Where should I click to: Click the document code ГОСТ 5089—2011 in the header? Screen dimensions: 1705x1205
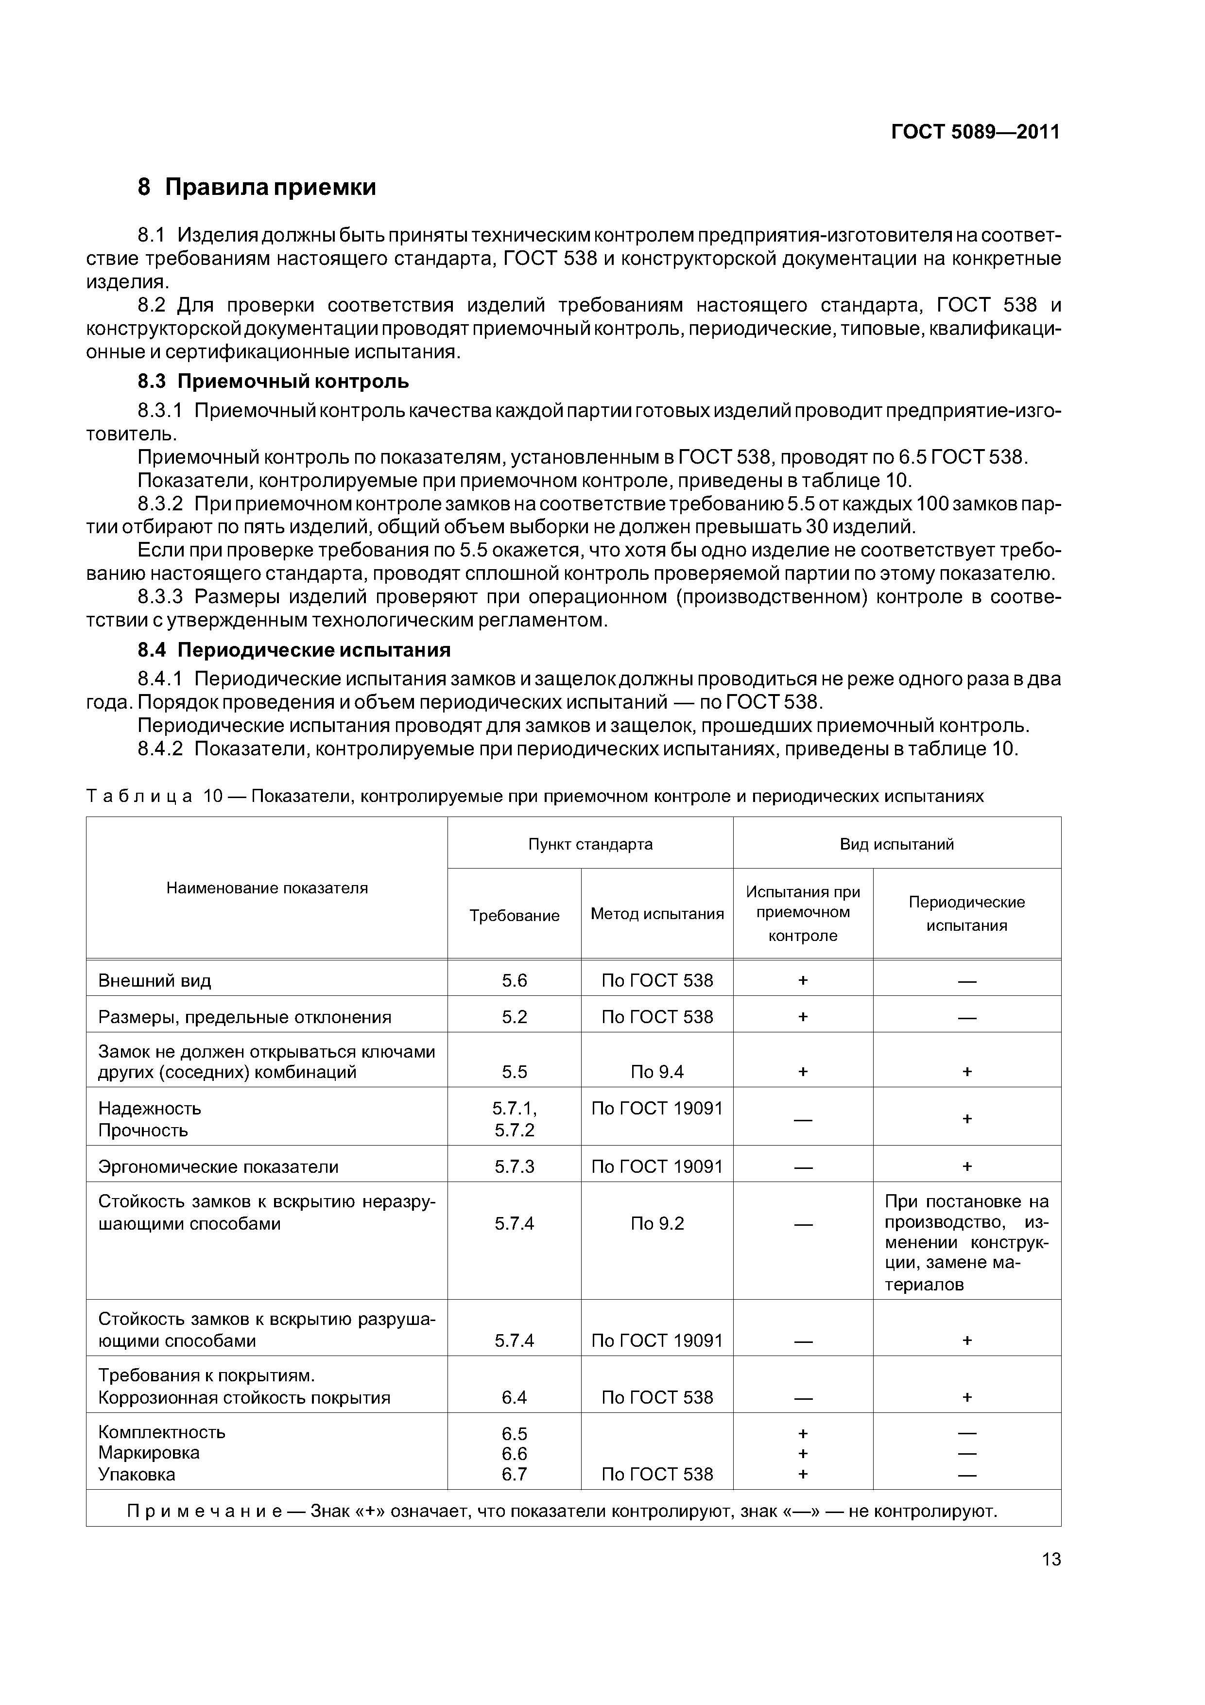(x=975, y=132)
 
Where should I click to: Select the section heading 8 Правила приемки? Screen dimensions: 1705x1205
(x=257, y=187)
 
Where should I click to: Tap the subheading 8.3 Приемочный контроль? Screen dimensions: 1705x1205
(x=273, y=382)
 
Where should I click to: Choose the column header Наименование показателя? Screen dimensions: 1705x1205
(x=267, y=888)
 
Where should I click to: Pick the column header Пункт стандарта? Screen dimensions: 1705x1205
(x=590, y=844)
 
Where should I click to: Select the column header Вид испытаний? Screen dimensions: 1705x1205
(x=897, y=844)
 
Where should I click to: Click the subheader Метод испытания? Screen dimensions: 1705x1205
(x=657, y=914)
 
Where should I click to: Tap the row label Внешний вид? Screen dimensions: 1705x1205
(x=155, y=981)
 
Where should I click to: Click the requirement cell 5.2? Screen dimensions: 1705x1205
(x=515, y=1017)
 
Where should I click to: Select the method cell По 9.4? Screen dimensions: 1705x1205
(x=657, y=1072)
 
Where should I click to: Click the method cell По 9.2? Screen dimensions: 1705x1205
(x=657, y=1224)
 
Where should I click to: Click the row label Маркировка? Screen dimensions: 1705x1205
(x=149, y=1453)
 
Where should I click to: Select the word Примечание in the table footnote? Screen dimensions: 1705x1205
(x=204, y=1511)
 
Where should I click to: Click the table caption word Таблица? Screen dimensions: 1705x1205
(x=139, y=797)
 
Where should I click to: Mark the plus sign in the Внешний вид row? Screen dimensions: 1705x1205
(x=803, y=981)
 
